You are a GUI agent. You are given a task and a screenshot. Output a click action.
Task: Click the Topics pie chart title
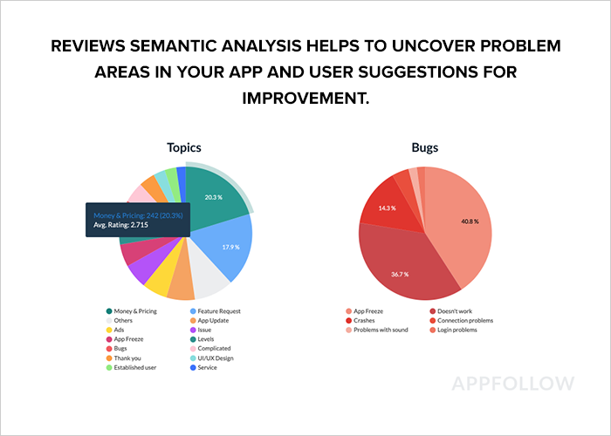pyautogui.click(x=186, y=148)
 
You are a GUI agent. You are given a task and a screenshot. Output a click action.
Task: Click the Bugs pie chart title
pyautogui.click(x=424, y=148)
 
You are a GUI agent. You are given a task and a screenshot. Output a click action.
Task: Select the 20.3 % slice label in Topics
pyautogui.click(x=213, y=197)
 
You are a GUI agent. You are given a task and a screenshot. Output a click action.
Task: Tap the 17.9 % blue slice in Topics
pyautogui.click(x=230, y=247)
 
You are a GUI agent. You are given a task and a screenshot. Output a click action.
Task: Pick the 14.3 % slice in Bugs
pyautogui.click(x=387, y=208)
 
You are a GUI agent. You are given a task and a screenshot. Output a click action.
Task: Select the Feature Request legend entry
pyautogui.click(x=218, y=311)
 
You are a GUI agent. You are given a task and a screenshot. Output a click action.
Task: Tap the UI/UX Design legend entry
pyautogui.click(x=216, y=357)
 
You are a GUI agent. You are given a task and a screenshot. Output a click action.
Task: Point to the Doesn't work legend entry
pyautogui.click(x=455, y=311)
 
